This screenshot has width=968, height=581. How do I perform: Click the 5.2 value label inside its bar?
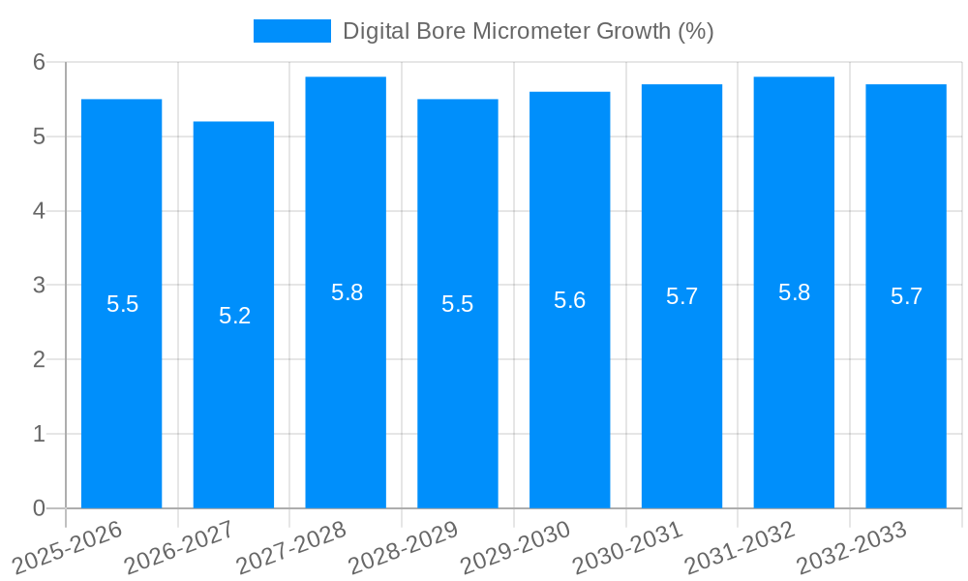234,316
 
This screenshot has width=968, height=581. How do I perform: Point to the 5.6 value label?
569,300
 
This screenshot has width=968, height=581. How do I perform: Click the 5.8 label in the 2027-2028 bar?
347,292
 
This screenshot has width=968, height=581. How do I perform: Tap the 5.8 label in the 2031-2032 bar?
794,292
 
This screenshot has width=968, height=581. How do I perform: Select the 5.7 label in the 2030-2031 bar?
681,296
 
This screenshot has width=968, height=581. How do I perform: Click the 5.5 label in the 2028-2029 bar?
457,304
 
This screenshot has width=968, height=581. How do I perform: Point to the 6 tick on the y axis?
39,62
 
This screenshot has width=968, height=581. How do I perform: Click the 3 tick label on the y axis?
39,286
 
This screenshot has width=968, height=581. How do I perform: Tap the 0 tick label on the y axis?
39,508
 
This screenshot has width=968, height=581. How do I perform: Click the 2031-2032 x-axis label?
739,549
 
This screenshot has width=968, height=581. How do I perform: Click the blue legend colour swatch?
291,31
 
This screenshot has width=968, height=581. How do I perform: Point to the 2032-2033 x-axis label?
851,549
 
